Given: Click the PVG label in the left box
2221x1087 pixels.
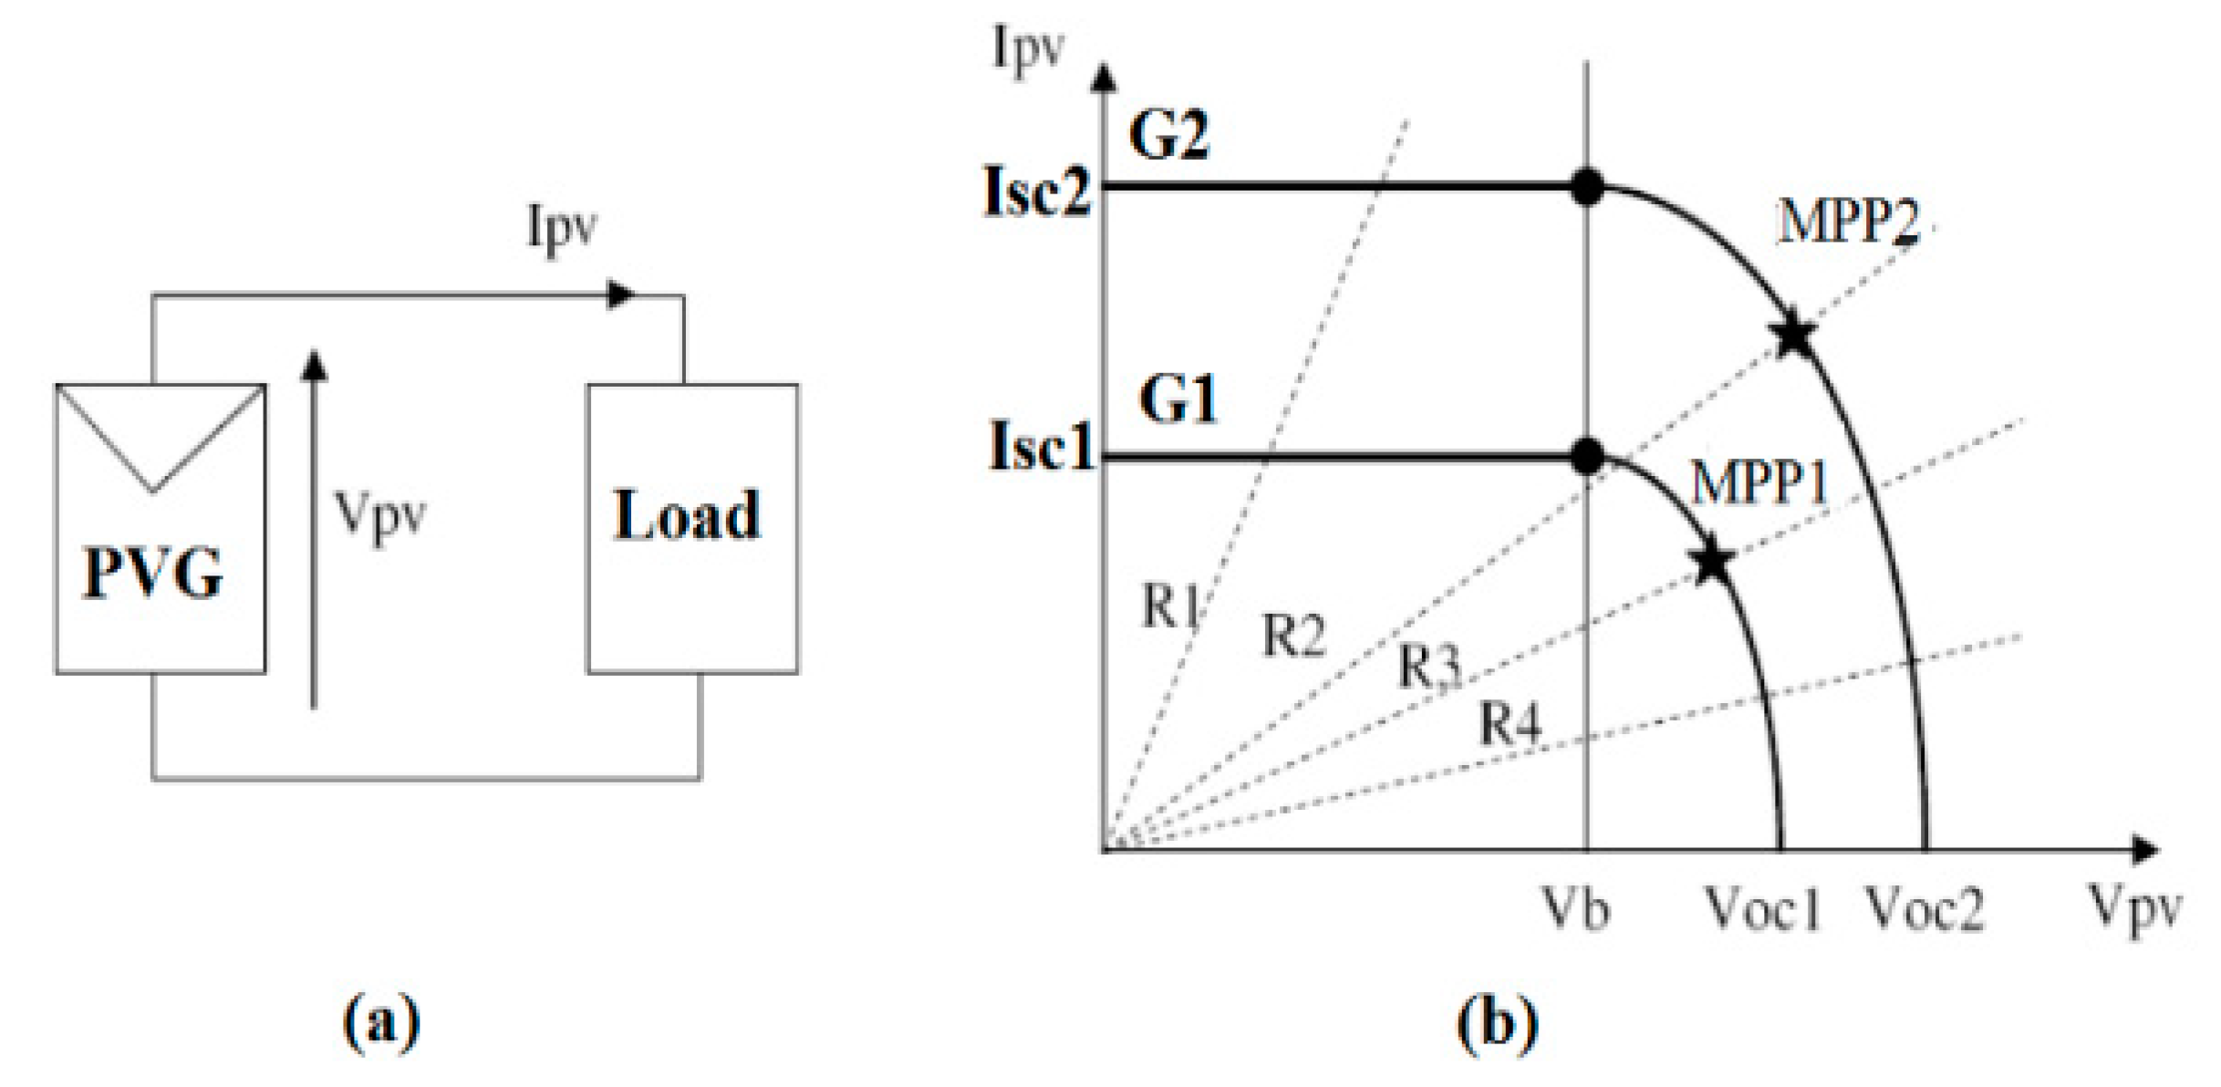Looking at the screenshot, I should click(153, 573).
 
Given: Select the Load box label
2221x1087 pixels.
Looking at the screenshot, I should click(686, 515).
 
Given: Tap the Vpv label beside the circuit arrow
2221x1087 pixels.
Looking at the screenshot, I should click(379, 516).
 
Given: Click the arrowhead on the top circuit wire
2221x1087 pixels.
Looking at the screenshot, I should click(621, 295).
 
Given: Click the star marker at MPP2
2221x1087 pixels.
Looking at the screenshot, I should click(1794, 335).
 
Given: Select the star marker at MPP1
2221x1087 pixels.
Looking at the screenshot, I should click(1713, 562).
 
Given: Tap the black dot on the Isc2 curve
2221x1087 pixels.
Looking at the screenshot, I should click(1587, 186).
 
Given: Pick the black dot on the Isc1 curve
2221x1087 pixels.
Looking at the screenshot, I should click(1587, 456).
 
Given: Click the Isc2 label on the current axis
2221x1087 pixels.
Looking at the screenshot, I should click(1037, 192).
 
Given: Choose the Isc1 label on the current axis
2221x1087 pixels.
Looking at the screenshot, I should click(1041, 447).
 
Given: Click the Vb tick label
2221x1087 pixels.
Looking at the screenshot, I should click(1574, 909).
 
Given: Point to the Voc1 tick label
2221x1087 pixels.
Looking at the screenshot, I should click(1762, 909).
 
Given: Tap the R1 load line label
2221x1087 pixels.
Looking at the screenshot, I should click(1170, 606).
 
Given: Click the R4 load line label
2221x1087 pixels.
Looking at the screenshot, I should click(1510, 725).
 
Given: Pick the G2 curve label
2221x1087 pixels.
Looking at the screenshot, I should click(1168, 135).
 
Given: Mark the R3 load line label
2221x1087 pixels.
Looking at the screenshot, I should click(1429, 666).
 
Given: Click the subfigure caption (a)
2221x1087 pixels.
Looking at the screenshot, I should click(381, 1022).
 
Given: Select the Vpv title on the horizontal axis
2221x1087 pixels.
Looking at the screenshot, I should click(2134, 909).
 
